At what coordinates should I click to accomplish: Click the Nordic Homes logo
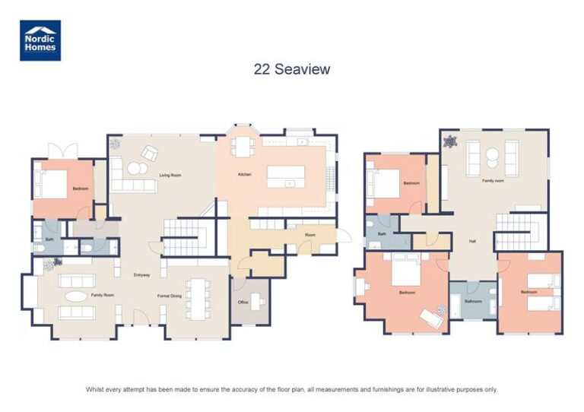click(40, 40)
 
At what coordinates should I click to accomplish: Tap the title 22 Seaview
click(292, 69)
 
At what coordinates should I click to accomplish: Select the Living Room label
click(170, 176)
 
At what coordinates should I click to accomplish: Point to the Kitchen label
click(244, 175)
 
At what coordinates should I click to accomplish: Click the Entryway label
click(141, 274)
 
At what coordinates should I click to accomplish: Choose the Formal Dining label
click(169, 295)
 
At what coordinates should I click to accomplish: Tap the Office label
click(243, 302)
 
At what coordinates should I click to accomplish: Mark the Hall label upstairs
click(472, 241)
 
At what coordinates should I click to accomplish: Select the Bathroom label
click(473, 301)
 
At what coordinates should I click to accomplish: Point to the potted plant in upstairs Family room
click(450, 141)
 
